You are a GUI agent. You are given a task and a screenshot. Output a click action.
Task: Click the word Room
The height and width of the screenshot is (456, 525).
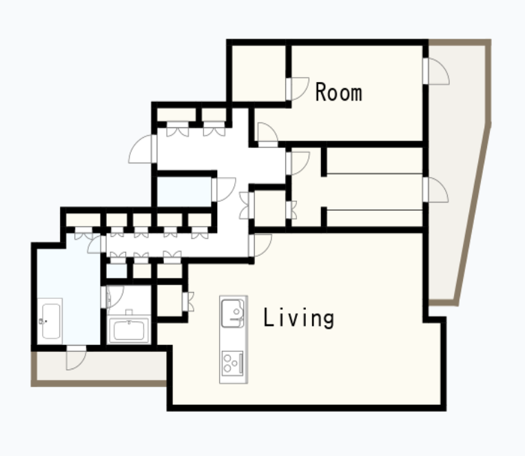339,92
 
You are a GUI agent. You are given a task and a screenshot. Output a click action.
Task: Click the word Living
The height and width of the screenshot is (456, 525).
298,318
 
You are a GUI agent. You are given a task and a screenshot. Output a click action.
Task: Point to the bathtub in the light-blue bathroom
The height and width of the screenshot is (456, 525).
50,321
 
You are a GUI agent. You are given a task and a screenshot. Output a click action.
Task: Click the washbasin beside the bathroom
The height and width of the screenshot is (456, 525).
129,329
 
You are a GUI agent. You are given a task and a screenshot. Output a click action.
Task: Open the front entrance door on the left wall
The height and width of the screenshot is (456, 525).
143,149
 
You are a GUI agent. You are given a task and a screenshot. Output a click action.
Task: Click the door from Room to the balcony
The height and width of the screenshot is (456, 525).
436,71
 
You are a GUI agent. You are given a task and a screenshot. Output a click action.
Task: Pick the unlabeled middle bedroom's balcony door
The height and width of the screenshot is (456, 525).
435,190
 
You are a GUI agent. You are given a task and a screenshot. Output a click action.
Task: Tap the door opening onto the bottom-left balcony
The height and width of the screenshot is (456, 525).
76,357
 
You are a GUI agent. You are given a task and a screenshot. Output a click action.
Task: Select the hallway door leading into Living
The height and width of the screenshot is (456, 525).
260,245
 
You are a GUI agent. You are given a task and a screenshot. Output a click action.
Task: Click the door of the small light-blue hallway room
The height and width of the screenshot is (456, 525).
224,189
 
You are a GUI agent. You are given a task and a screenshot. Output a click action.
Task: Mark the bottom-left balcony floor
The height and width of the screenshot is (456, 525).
101,366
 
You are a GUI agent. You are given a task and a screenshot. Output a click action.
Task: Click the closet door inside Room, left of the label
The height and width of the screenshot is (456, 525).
298,89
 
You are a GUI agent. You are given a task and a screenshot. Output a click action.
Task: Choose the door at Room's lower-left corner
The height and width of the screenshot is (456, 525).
268,135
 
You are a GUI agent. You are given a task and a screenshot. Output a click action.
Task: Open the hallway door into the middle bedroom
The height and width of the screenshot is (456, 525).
298,163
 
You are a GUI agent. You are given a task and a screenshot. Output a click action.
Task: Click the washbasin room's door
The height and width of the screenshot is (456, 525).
112,297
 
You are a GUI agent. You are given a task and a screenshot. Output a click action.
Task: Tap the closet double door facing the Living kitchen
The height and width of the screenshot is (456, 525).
188,302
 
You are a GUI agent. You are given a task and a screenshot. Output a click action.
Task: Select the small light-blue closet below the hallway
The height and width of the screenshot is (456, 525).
116,271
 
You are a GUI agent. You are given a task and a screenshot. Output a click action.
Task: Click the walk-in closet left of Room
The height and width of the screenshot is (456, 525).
258,73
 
